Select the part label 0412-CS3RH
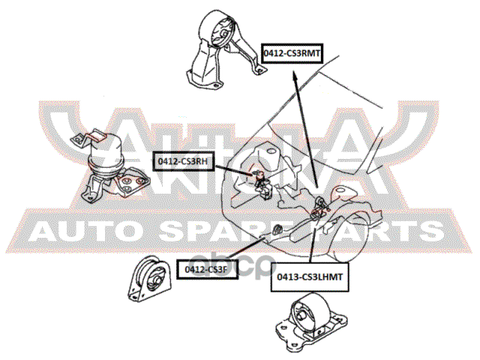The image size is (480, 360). pos(181,160)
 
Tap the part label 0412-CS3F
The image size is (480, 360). pos(206,266)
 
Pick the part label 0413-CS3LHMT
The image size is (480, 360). pos(309,278)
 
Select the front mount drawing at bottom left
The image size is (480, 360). pos(151,285)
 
